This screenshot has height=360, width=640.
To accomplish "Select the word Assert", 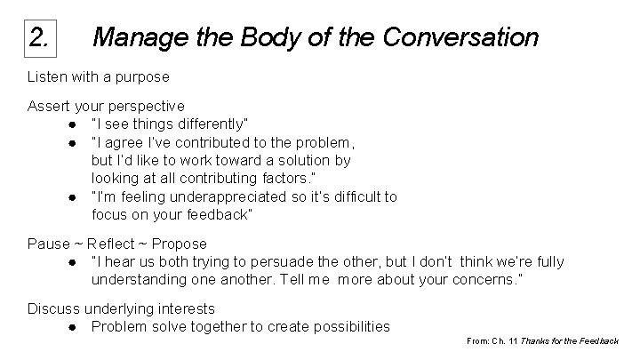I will [x=49, y=107].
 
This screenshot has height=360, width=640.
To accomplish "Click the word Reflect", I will [x=113, y=244].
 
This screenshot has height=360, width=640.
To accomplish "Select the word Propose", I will [x=178, y=244].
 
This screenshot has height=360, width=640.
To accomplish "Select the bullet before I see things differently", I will [x=69, y=123].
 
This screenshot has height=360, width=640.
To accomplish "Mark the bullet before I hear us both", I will [x=69, y=262].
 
